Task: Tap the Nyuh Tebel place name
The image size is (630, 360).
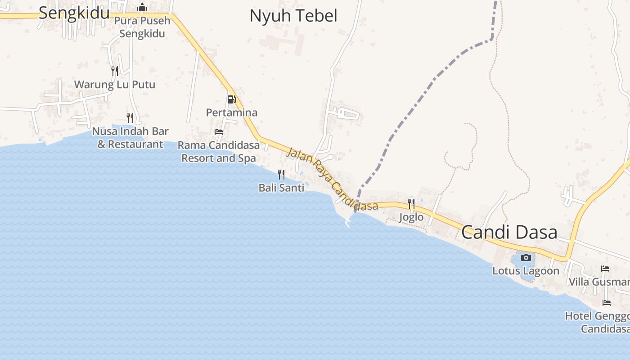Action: pos(293,16)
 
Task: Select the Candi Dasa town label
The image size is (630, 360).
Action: pos(509,232)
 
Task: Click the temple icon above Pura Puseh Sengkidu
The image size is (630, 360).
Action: pos(142,7)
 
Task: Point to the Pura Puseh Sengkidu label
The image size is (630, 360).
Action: pos(142,27)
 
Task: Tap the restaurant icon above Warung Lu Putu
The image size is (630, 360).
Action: pos(115,71)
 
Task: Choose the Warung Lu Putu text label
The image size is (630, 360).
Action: pos(114,85)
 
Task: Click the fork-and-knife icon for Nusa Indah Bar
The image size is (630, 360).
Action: pos(130,118)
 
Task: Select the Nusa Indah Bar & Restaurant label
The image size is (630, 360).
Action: pos(130,138)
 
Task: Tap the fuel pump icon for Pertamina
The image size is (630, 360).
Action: pos(231,99)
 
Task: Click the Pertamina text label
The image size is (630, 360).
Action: pos(231,112)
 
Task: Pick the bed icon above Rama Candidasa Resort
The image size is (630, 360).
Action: pos(219,132)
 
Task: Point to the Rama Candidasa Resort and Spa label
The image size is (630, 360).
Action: pos(219,152)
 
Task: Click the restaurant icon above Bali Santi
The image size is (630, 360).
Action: pos(281,174)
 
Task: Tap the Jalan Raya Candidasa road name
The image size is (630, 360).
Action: pos(333,179)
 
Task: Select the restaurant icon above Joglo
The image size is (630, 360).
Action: pos(411,204)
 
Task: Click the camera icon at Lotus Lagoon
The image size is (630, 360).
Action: pos(526,258)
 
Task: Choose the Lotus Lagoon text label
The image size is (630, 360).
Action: pos(526,271)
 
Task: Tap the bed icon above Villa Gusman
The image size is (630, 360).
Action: pos(605,269)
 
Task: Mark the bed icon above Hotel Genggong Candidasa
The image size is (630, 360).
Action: pos(607,303)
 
